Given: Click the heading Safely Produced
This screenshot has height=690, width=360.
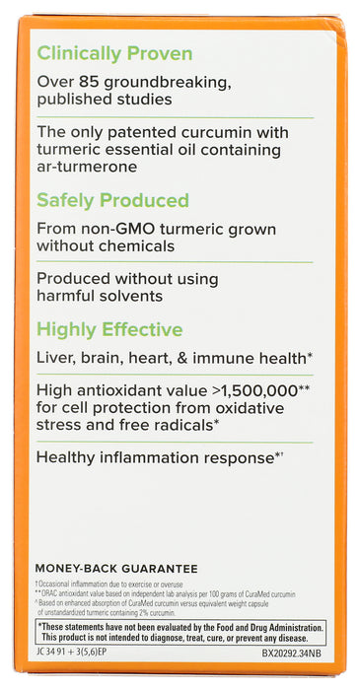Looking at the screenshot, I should pos(112,200).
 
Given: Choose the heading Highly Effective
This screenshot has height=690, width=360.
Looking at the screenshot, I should pos(108,329).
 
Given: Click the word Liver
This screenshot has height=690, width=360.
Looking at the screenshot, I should pos(56,357).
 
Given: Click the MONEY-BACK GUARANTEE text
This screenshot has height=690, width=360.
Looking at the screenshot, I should pos(117,569).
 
